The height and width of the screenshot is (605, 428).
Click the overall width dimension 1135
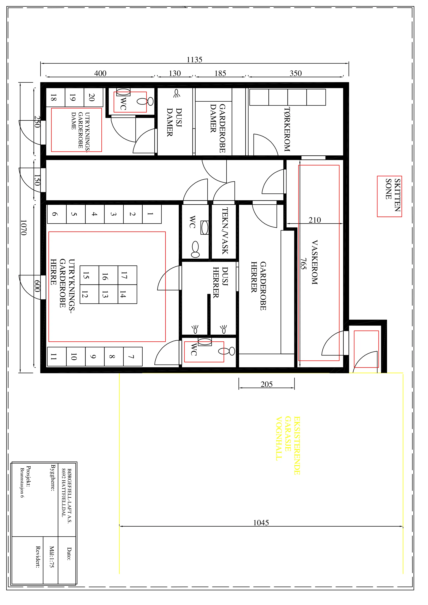click(x=195, y=60)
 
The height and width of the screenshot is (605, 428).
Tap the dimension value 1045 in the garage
click(x=261, y=523)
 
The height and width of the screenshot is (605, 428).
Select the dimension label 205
click(x=266, y=384)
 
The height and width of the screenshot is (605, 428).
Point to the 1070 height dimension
click(x=23, y=228)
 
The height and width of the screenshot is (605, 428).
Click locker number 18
click(x=53, y=97)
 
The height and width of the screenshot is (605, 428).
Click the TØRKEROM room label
click(x=287, y=129)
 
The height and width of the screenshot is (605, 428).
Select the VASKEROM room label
click(x=315, y=262)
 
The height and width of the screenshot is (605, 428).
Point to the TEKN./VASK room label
click(x=225, y=231)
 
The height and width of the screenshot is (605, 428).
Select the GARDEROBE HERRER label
click(x=258, y=286)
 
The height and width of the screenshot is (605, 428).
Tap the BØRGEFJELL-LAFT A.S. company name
click(x=70, y=496)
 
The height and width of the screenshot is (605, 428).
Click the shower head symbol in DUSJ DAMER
click(x=176, y=93)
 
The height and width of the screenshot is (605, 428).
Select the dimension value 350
click(x=295, y=73)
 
